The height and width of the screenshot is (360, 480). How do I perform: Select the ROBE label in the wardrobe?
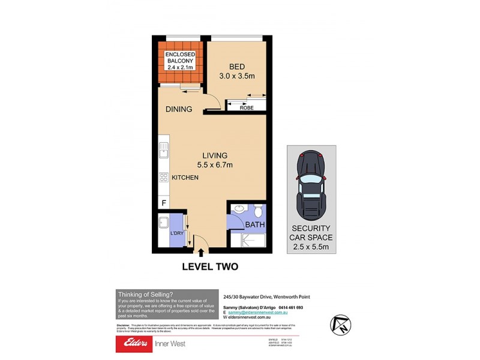pos(247,108)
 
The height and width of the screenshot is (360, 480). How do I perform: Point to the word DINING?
pos(179,109)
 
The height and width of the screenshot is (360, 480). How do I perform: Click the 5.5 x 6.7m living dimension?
pos(214,165)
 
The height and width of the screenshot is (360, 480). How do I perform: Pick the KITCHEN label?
pos(185,178)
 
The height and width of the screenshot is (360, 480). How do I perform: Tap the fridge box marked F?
pos(164,203)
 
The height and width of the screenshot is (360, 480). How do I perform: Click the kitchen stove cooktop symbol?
pos(163,178)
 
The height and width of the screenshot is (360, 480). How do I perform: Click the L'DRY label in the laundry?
pos(176,233)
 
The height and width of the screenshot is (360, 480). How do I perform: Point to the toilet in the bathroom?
pos(258,211)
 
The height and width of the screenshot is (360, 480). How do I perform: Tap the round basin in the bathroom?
pos(238,210)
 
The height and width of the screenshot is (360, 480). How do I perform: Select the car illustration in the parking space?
pos(311,184)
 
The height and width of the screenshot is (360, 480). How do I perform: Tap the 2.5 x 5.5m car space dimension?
pos(311,247)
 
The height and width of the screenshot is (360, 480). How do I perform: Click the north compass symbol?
pos(341,324)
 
